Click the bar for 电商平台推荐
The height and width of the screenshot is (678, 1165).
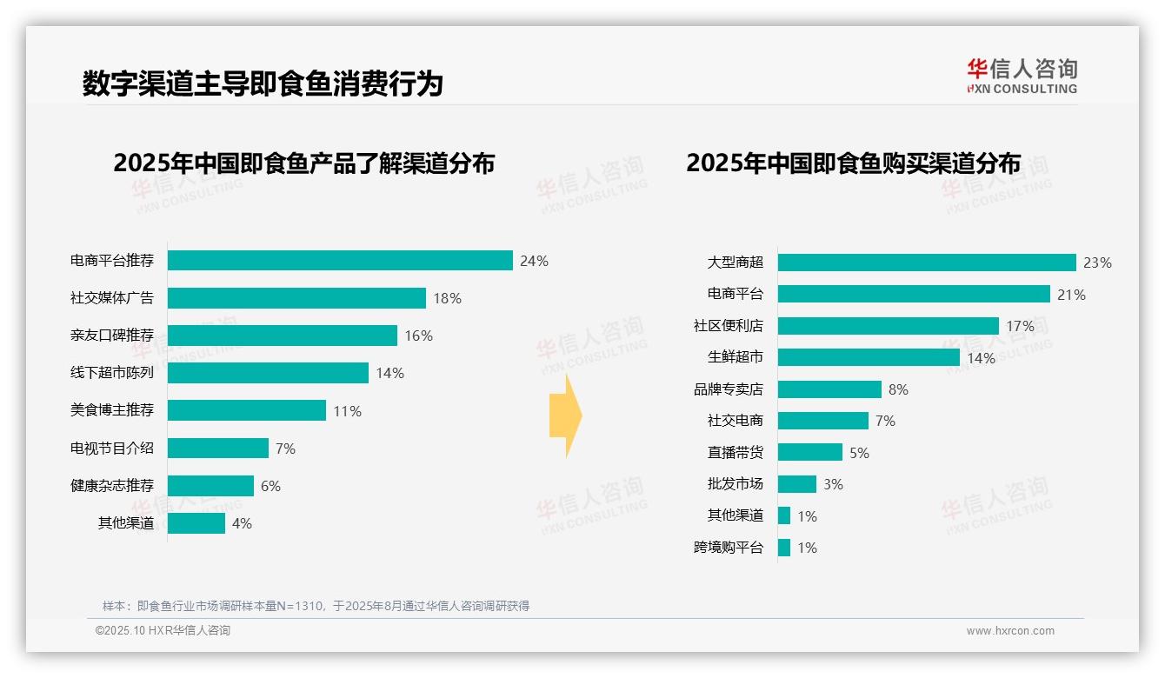[340, 261]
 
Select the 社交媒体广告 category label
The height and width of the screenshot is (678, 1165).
[112, 298]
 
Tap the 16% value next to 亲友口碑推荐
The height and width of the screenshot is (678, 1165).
[418, 336]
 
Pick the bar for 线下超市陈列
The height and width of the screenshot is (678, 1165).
[268, 373]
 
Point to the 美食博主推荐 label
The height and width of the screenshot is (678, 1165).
[112, 410]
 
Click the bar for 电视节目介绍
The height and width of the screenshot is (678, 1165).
[218, 448]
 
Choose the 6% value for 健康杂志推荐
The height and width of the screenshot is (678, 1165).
[270, 486]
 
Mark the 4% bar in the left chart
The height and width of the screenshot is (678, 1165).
[196, 523]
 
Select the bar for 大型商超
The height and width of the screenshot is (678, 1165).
[927, 263]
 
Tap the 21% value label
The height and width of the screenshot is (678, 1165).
[1071, 295]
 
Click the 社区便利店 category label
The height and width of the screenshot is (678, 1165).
[729, 326]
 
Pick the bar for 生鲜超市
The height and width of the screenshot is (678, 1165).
[869, 357]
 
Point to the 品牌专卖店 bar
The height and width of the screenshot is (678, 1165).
[829, 389]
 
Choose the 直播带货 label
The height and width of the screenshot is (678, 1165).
[736, 453]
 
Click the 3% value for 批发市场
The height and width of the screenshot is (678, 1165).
[833, 484]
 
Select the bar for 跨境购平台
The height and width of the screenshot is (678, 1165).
[784, 548]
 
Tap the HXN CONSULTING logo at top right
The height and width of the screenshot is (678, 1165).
[1022, 76]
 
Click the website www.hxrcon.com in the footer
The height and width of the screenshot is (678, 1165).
[1010, 631]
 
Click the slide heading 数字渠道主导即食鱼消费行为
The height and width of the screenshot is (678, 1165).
[263, 83]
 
